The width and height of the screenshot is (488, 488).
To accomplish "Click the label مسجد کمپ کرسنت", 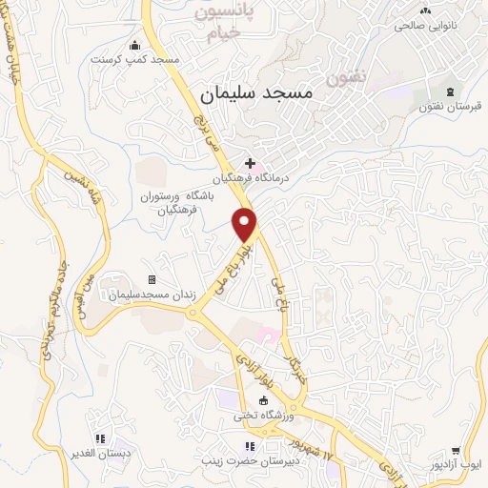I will (135, 59).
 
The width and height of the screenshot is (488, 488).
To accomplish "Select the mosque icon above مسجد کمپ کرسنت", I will (134, 44).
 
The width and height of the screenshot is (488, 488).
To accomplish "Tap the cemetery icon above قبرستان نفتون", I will (449, 91).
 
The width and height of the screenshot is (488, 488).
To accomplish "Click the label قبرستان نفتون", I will (449, 107).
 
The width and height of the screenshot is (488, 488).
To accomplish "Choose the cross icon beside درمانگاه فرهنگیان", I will (250, 163).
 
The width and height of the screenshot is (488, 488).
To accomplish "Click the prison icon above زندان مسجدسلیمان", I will (151, 279).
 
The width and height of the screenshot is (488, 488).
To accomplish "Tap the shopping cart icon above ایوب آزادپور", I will (456, 451).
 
